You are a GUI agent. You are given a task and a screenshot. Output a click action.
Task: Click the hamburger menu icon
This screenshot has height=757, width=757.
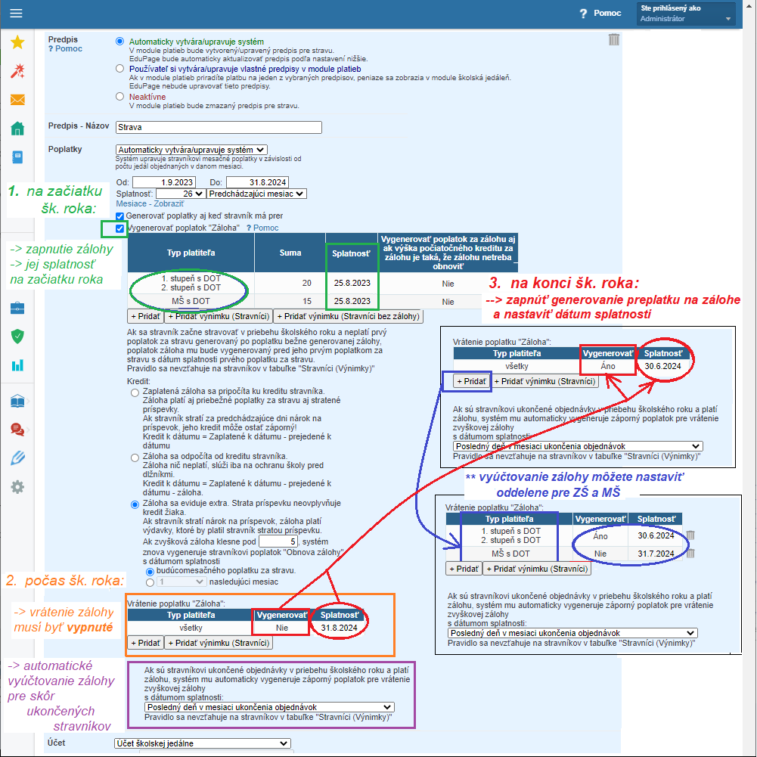(x=16, y=13)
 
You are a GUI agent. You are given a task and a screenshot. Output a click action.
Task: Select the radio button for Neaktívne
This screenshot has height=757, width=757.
(x=119, y=97)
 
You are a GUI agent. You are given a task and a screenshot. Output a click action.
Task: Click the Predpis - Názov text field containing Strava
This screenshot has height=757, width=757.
(x=219, y=128)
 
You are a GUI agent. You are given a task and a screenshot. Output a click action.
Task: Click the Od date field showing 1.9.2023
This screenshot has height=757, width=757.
(x=164, y=182)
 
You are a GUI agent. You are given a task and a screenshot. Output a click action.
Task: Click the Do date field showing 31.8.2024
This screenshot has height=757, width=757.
(x=257, y=182)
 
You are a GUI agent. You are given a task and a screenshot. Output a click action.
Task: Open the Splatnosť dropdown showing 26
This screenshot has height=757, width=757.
(x=180, y=194)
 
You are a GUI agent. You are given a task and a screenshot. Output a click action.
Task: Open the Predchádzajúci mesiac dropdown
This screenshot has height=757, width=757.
(x=256, y=194)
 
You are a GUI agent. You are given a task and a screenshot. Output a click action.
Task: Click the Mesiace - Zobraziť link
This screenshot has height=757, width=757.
(x=150, y=203)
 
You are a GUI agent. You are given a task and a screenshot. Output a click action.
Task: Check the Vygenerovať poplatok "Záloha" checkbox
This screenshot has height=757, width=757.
(x=119, y=228)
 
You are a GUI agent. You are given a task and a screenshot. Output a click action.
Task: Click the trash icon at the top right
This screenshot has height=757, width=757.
(x=613, y=39)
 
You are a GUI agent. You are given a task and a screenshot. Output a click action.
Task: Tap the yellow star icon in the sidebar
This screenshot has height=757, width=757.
(x=17, y=42)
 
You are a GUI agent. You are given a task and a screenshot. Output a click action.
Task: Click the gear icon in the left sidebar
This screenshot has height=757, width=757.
(x=17, y=487)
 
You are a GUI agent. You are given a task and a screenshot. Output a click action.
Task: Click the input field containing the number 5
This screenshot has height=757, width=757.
(x=278, y=541)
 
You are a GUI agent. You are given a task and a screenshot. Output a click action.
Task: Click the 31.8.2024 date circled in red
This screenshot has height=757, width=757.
(x=339, y=628)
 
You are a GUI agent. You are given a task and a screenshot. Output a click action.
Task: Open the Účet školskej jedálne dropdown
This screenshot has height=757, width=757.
(x=203, y=743)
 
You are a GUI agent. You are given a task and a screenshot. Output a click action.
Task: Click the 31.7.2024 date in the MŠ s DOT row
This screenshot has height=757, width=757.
(x=656, y=554)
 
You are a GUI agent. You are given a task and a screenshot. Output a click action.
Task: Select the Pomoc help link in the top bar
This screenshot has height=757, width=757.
(x=600, y=13)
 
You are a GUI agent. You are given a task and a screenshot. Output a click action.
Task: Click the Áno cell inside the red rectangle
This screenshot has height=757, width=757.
(x=608, y=367)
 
